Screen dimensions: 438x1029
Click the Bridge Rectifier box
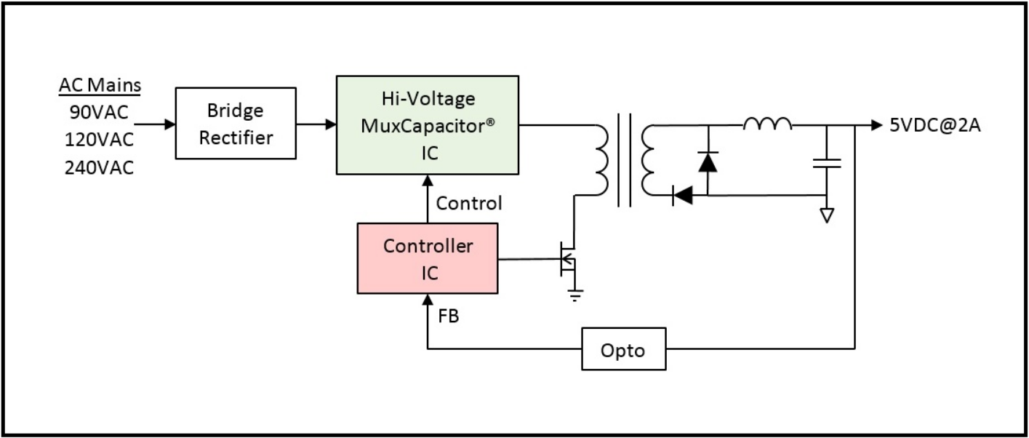pyautogui.click(x=236, y=123)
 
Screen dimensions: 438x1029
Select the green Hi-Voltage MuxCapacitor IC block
pyautogui.click(x=428, y=124)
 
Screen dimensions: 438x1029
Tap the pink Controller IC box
pyautogui.click(x=428, y=258)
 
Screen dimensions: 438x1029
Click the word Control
pyautogui.click(x=468, y=203)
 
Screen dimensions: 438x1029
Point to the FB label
pyautogui.click(x=448, y=318)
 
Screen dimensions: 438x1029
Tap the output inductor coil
pyautogui.click(x=767, y=124)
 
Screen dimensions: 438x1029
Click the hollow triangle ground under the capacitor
pyautogui.click(x=827, y=215)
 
